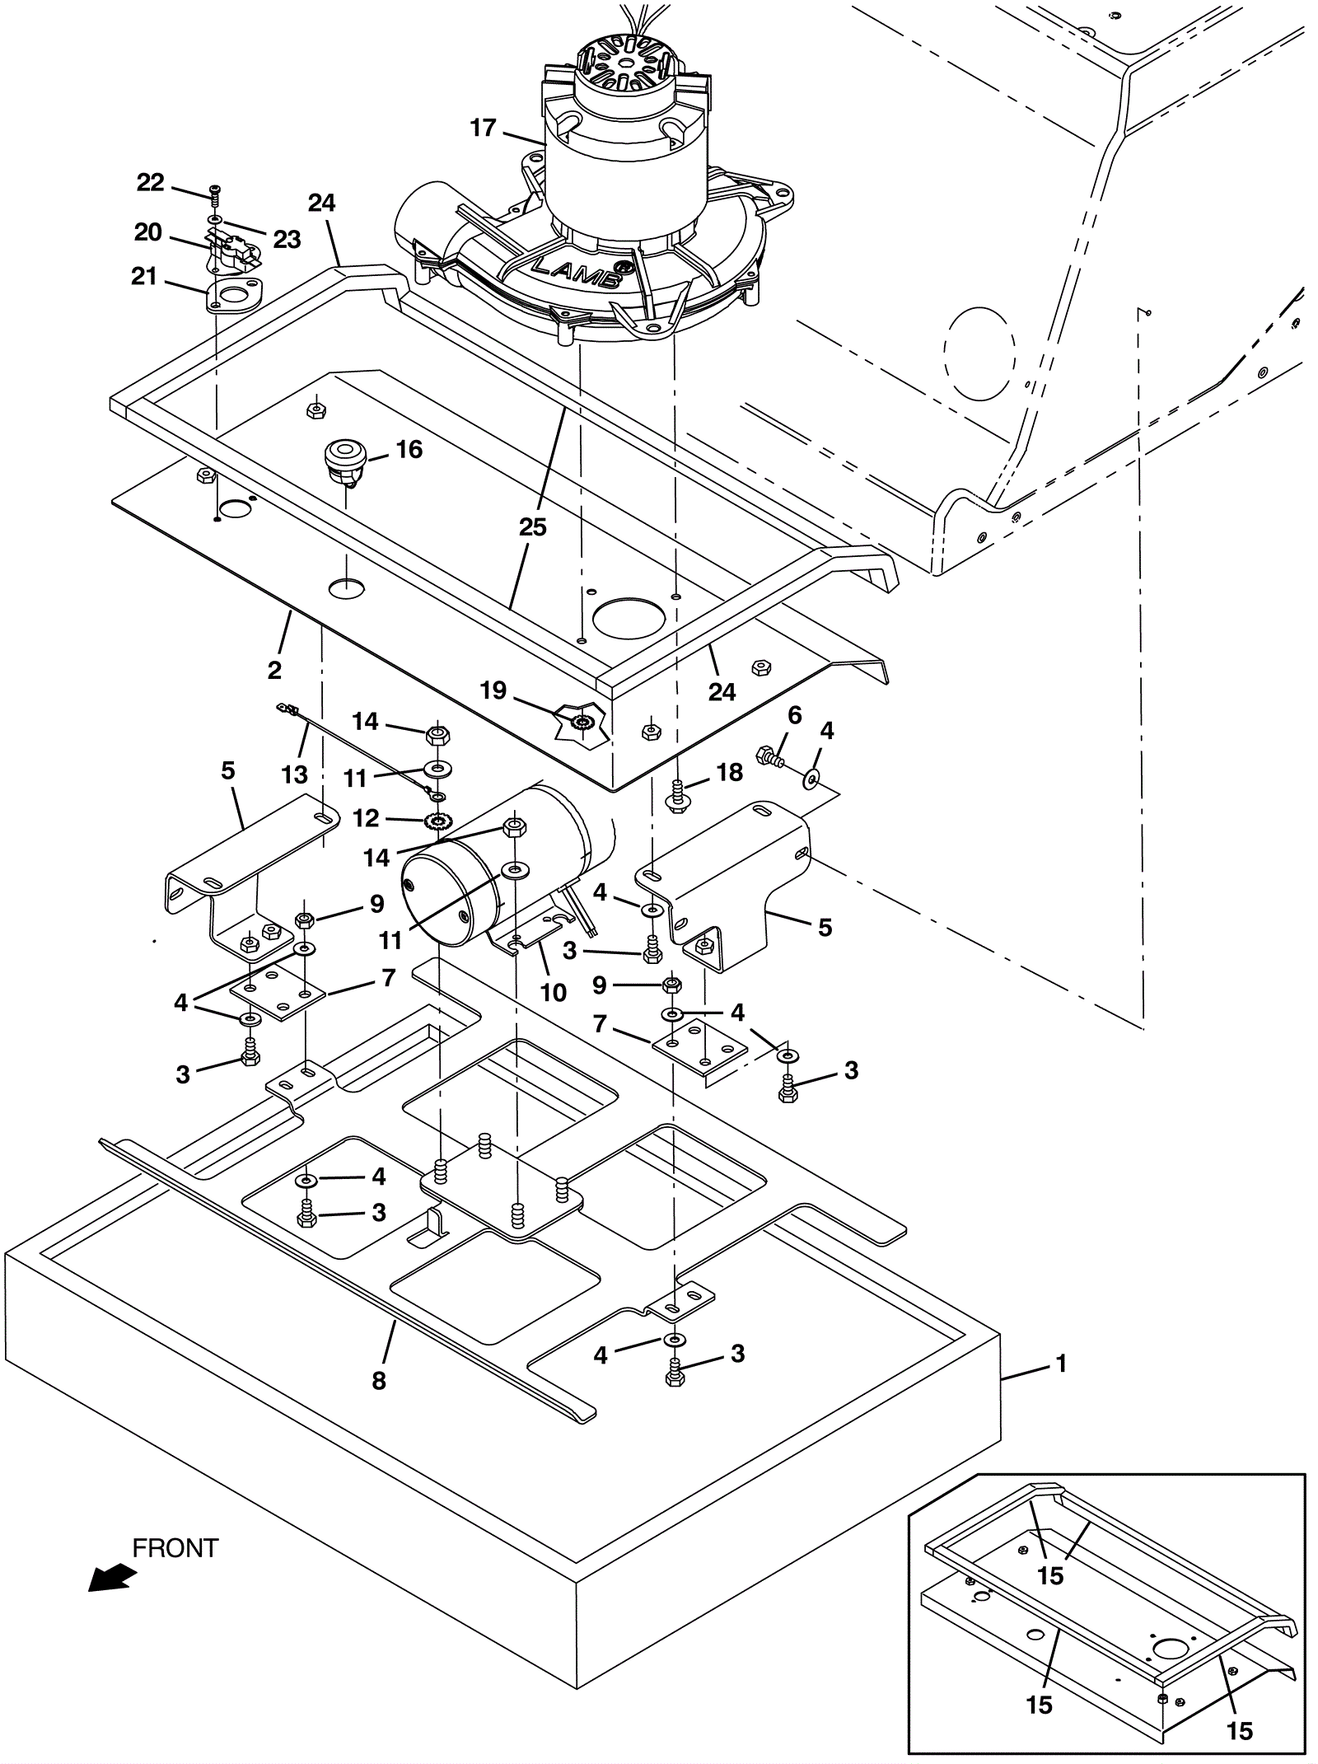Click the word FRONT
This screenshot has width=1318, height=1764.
pos(175,1548)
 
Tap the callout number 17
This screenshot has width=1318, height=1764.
pos(484,128)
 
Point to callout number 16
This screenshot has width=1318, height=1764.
pos(409,449)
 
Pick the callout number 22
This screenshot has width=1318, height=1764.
pos(150,182)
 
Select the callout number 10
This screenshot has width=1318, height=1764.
pos(554,992)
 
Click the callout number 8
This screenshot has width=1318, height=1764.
pos(379,1379)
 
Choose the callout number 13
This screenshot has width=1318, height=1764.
pos(294,774)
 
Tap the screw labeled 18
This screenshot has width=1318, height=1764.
pos(677,798)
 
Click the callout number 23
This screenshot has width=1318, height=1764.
pos(287,239)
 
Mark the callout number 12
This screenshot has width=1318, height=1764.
pos(366,818)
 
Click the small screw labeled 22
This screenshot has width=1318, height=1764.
pos(215,197)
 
